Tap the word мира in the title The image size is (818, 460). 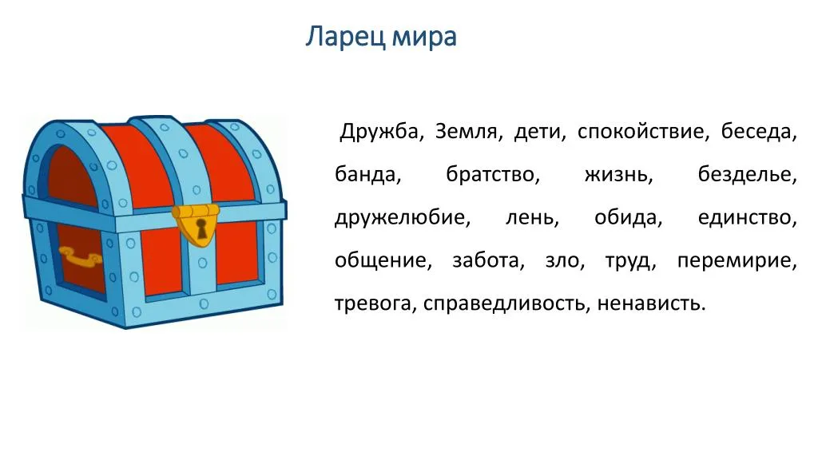(424, 38)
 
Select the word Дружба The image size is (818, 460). (381, 132)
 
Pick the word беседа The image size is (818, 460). (759, 132)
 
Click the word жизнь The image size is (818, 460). (618, 175)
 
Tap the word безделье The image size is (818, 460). (748, 175)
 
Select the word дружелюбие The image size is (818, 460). (403, 218)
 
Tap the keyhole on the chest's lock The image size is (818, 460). (201, 228)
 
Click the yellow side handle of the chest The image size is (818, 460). (81, 257)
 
